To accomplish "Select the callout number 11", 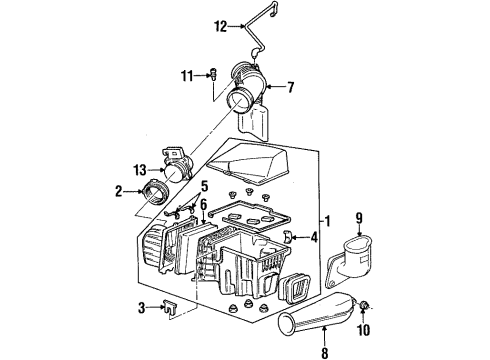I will pos(187,74).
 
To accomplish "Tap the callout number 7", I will pos(291,87).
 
